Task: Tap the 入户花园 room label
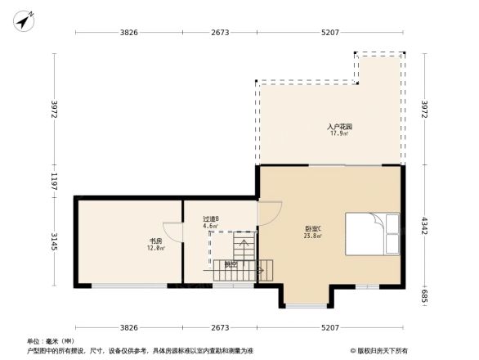point(340,127)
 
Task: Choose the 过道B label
point(210,219)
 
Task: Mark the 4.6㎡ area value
point(210,227)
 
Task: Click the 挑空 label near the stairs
point(231,265)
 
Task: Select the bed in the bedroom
point(373,234)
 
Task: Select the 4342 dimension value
point(424,225)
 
